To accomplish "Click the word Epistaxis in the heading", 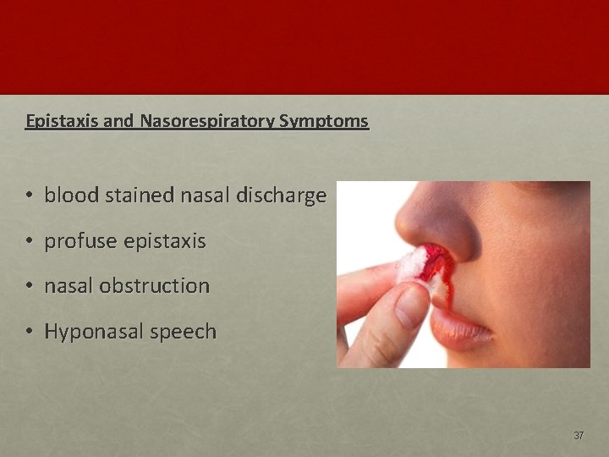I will (x=62, y=121).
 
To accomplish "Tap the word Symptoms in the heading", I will (x=324, y=121).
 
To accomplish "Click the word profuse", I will (x=81, y=241).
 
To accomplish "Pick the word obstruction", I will (x=154, y=286).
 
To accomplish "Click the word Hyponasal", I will (x=92, y=332).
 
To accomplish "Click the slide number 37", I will (x=579, y=436).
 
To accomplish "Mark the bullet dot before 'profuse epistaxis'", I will (x=29, y=242).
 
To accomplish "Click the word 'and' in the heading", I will (x=119, y=121).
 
